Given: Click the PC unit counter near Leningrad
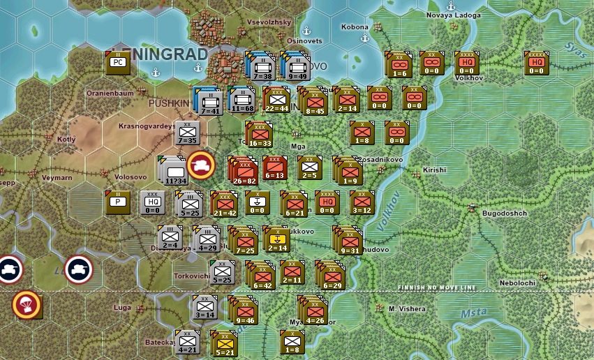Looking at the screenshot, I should point(117,63).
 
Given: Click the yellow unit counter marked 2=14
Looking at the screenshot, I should point(277,239).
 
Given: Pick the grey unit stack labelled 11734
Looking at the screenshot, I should point(175,171).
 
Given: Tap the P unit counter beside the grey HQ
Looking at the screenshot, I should point(117,202).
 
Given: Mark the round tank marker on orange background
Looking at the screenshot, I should point(200,165).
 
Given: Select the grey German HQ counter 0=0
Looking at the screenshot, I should point(153,202).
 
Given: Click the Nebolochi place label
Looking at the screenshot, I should point(518,283).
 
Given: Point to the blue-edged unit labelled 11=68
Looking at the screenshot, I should point(242,100).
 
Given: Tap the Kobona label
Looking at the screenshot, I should point(355,27).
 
